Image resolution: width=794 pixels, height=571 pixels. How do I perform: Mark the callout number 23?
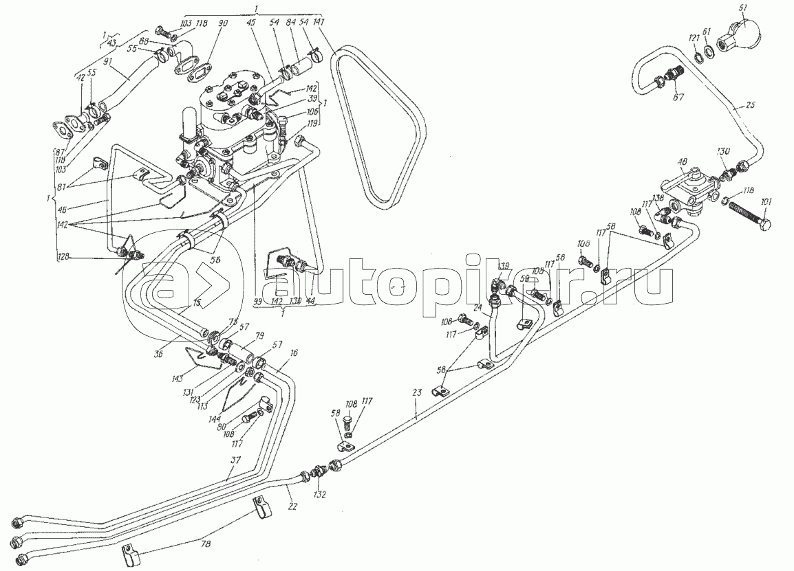[x=416, y=393]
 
